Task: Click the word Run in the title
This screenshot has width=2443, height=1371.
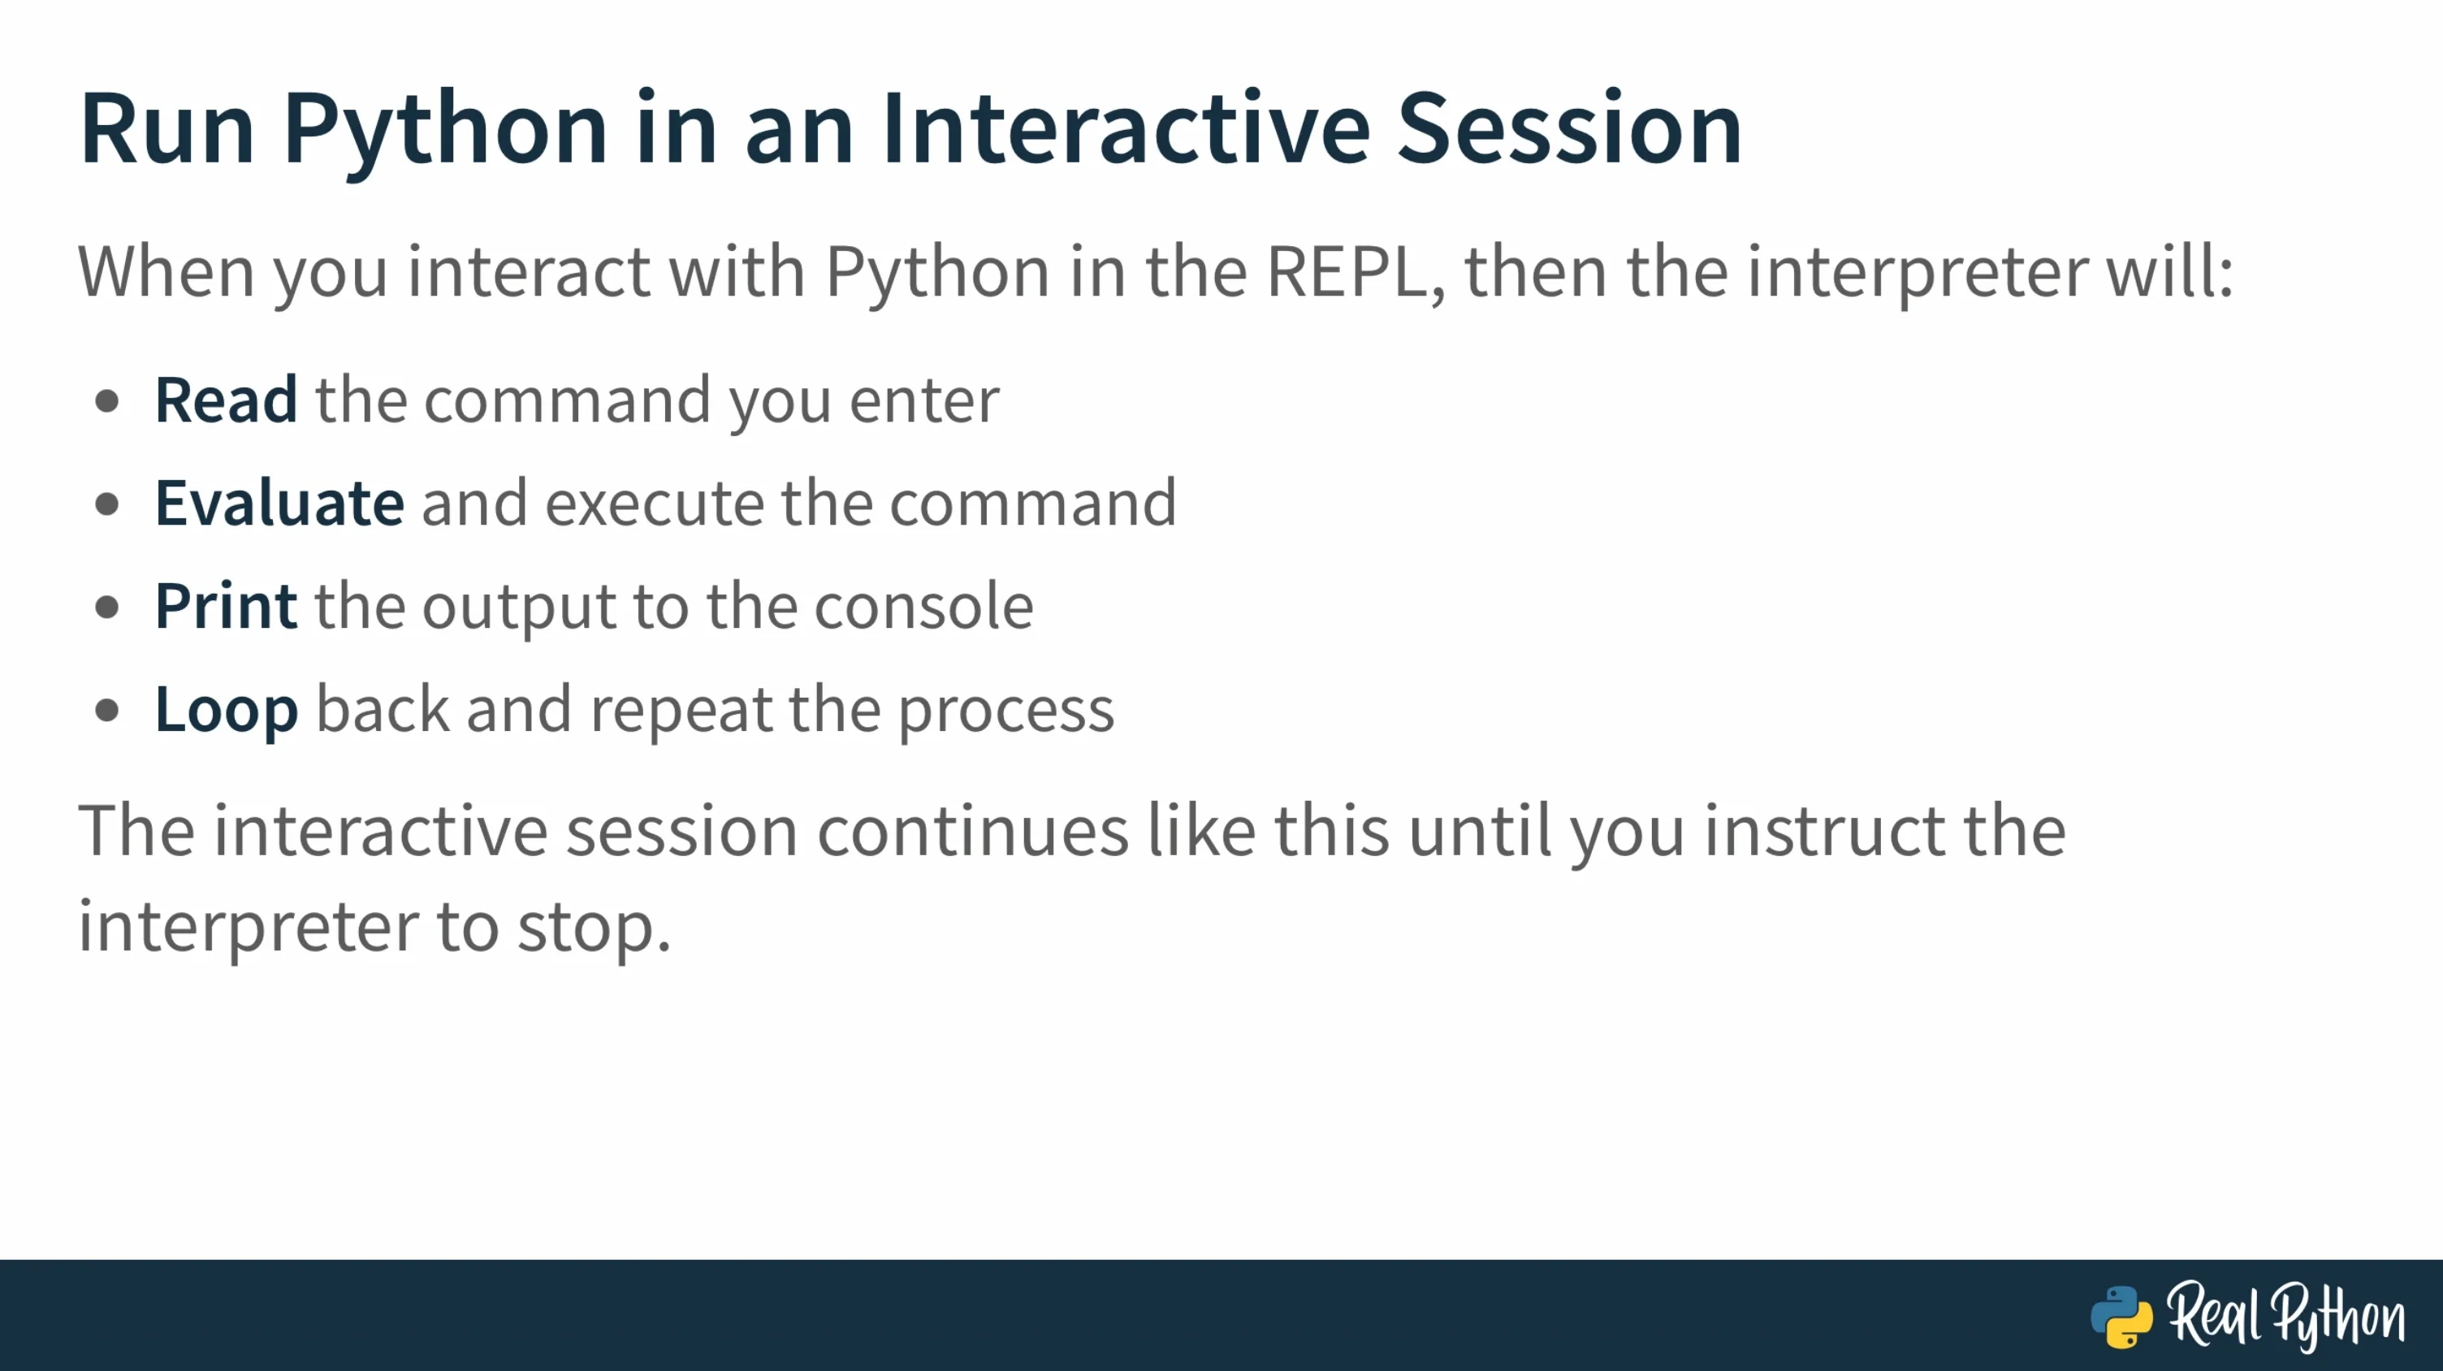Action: coord(168,129)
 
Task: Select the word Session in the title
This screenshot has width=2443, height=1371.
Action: coord(1570,129)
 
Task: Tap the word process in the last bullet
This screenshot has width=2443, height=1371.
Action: coord(1005,711)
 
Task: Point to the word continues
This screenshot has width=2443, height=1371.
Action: coord(972,831)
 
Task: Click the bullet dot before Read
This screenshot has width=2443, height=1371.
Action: coord(107,401)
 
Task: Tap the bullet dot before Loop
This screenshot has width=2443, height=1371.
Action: coord(107,709)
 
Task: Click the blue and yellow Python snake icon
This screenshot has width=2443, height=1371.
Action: coord(2121,1316)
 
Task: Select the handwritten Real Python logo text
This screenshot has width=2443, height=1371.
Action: coord(2285,1316)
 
